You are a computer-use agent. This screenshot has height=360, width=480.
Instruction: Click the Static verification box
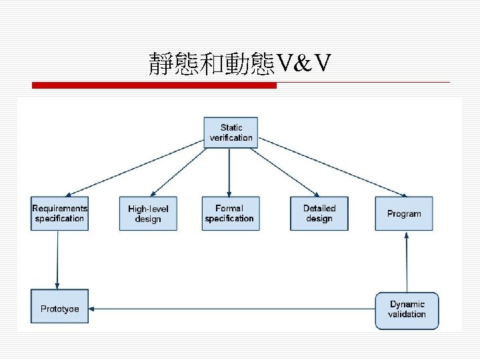pos(231,132)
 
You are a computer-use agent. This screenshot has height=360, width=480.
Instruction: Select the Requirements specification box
pos(59,213)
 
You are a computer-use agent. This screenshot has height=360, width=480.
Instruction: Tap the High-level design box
pos(148,213)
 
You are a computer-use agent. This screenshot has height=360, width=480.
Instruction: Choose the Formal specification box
pos(230,213)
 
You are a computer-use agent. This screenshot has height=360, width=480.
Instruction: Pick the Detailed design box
pos(319,213)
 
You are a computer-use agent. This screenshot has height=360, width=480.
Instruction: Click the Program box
pos(404,213)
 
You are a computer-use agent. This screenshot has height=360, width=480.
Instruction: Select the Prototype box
pos(59,309)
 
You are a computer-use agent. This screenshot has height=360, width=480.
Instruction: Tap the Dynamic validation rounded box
pos(407,310)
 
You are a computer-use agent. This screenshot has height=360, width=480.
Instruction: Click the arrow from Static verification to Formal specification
pos(229,172)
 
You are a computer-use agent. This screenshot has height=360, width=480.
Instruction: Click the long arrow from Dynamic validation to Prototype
pos(233,309)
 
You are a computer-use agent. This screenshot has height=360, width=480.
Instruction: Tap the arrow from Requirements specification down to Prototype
pos(57,260)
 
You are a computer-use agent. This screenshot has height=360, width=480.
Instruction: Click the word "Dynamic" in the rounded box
pos(407,304)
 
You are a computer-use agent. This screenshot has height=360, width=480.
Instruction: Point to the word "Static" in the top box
pos(231,127)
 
